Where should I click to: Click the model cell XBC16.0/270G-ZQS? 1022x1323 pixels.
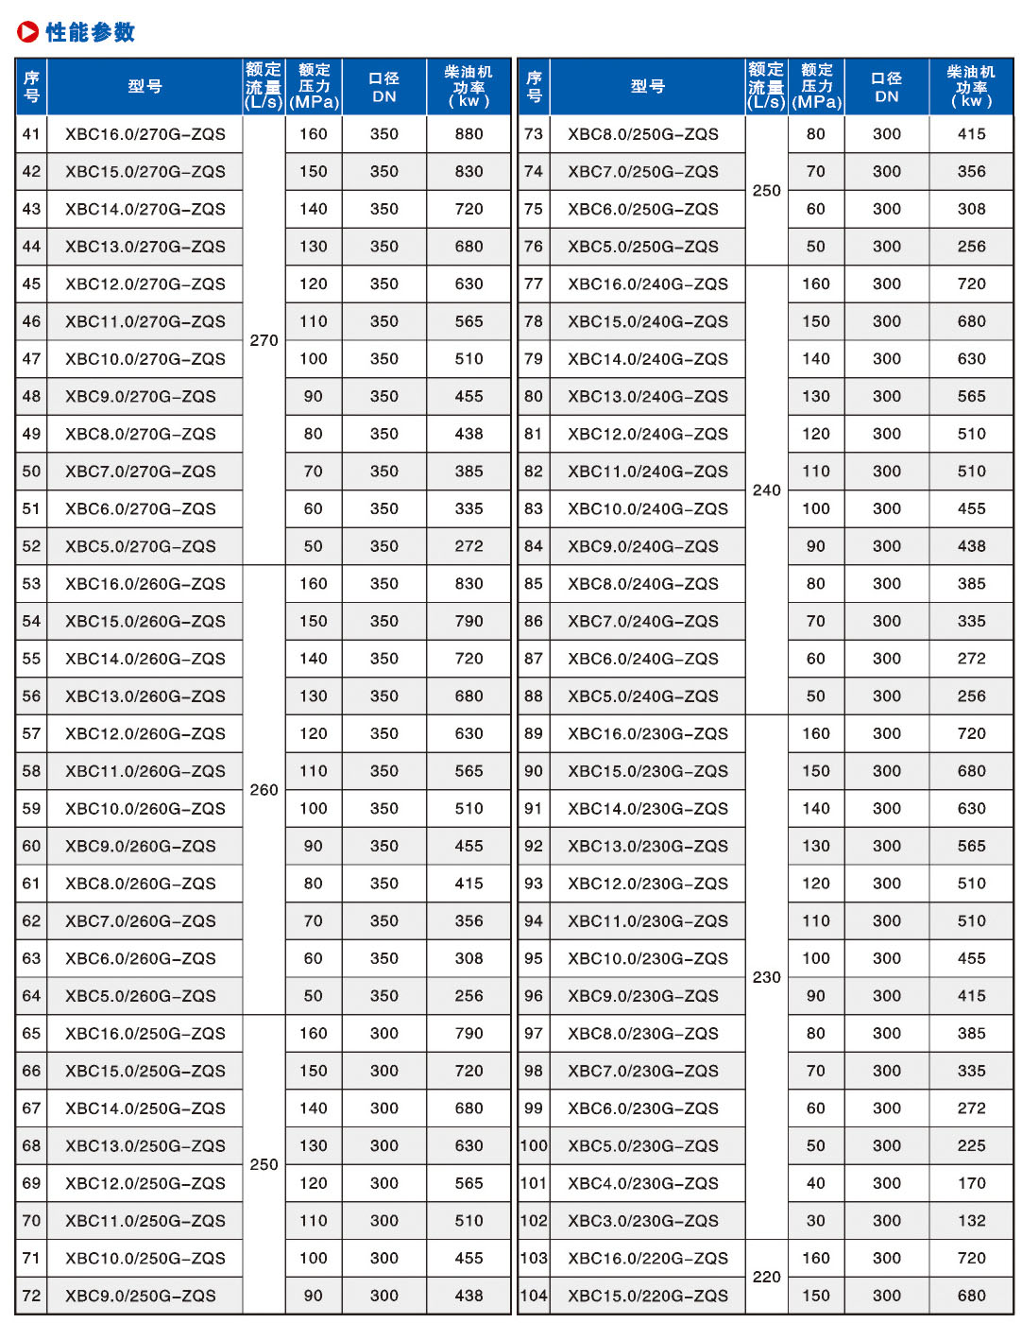[x=145, y=134]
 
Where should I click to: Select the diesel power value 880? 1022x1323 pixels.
[x=468, y=134]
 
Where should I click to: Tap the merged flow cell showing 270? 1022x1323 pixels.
[x=264, y=340]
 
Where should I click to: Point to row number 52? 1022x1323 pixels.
[x=31, y=546]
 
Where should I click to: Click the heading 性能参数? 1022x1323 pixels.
[x=91, y=32]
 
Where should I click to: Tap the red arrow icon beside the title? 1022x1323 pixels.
[x=28, y=32]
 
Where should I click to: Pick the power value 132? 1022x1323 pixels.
[x=971, y=1221]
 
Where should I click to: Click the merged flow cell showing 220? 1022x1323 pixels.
[x=767, y=1277]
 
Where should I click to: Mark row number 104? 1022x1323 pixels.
[x=534, y=1296]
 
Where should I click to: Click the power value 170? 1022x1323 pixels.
[x=971, y=1183]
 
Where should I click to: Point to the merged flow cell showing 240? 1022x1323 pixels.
[x=767, y=490]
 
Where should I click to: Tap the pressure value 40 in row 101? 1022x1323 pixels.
[x=816, y=1183]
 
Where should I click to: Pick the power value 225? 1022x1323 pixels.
[x=971, y=1145]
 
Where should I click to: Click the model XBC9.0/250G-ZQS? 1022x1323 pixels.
[x=141, y=1296]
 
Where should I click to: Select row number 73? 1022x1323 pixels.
[x=534, y=134]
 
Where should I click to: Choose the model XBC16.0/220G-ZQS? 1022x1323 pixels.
[x=648, y=1258]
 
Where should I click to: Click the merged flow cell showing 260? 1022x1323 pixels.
[x=264, y=790]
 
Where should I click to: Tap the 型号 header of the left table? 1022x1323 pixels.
[x=145, y=86]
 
